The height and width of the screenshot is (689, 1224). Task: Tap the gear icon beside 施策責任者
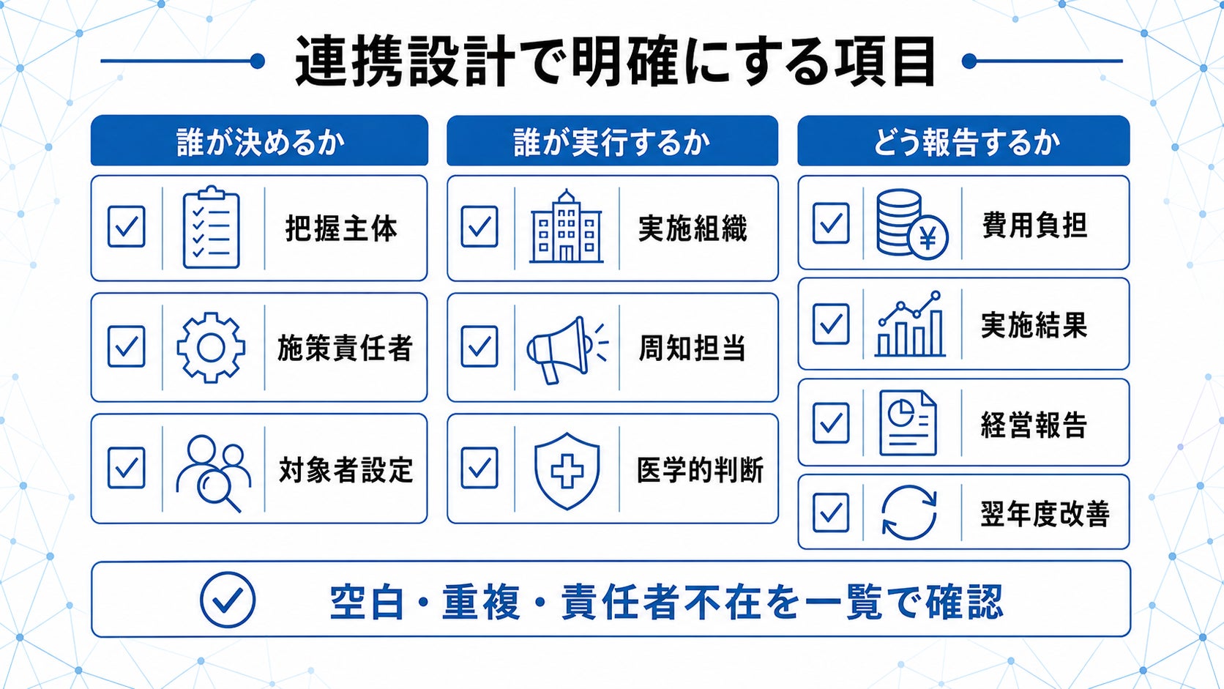point(211,348)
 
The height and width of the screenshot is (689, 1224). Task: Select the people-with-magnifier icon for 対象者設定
point(214,473)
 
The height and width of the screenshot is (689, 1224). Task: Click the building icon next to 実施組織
point(566,227)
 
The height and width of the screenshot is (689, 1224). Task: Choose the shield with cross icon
point(567,471)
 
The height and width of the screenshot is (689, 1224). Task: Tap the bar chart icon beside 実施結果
point(910,324)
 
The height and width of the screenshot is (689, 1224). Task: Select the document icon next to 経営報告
point(908,422)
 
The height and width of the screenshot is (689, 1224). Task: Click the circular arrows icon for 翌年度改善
point(909,513)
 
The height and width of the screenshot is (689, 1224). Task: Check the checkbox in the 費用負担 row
point(831,223)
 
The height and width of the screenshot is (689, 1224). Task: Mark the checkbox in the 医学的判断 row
point(479,469)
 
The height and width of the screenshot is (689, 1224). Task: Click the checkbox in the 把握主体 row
point(126,226)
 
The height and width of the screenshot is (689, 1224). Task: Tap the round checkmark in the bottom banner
point(228,600)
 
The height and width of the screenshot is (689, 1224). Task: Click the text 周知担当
point(693,349)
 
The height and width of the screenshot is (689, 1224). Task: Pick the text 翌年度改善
point(1045,514)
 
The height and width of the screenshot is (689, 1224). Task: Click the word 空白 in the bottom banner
point(367,602)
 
